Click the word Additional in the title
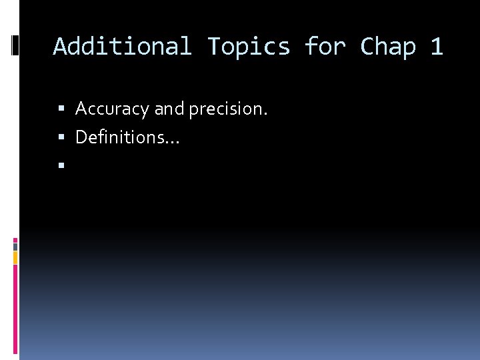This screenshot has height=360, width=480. click(122, 47)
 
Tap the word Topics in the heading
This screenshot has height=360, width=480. click(249, 47)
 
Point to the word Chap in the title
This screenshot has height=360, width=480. click(388, 47)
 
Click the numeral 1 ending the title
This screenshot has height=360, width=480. click(437, 47)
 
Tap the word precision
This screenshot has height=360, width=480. click(228, 109)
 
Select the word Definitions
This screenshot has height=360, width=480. click(120, 137)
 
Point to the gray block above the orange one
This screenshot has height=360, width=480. click(15, 246)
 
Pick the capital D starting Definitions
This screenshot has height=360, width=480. click(81, 137)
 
